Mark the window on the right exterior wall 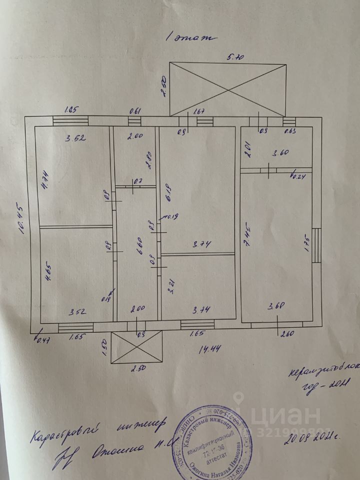click(x=316, y=245)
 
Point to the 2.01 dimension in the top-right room click(x=246, y=149)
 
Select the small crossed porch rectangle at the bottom click(x=137, y=346)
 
